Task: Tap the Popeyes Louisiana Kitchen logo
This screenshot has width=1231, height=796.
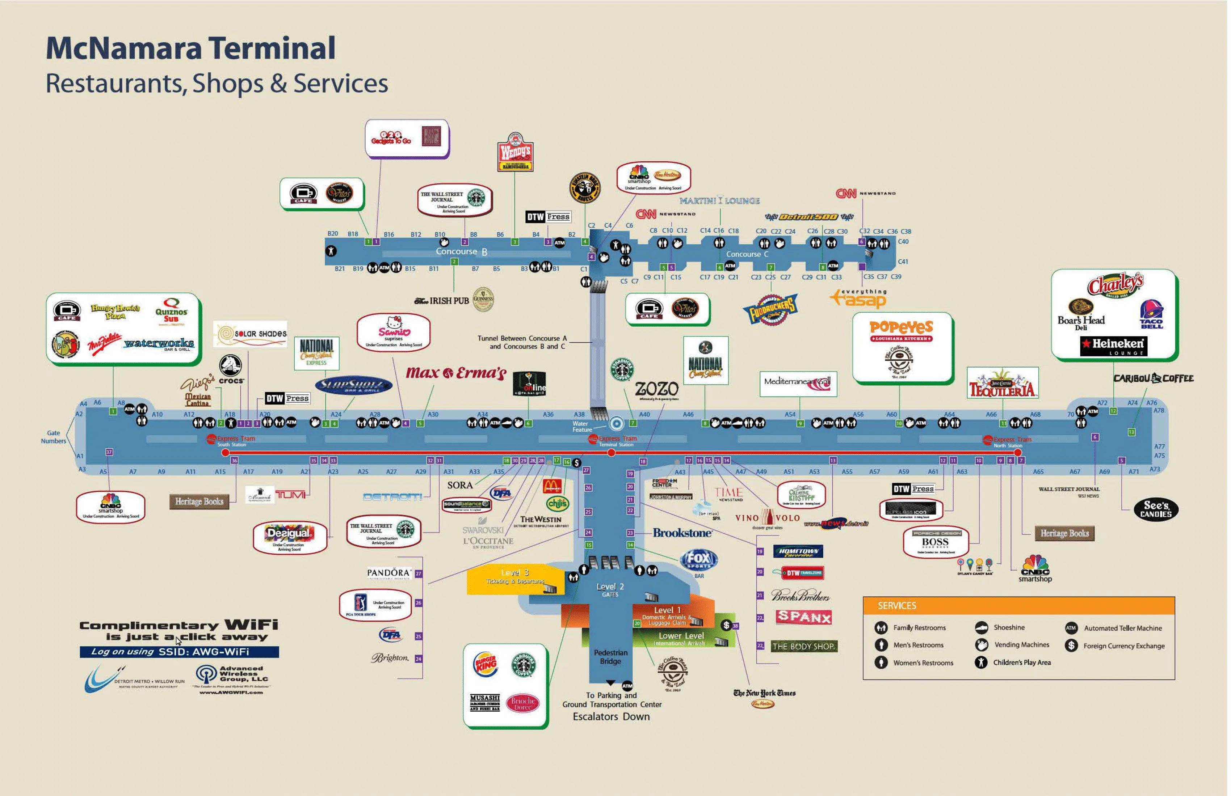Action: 901,331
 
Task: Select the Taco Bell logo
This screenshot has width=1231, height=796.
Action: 1151,314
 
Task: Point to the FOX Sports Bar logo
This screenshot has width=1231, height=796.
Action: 698,559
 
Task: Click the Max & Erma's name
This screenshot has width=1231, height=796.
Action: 456,373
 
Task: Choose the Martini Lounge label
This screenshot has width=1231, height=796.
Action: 719,200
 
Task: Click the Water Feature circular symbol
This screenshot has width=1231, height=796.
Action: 616,424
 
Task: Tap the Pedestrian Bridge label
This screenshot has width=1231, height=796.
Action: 610,657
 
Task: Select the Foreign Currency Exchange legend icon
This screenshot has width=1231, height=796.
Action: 1071,645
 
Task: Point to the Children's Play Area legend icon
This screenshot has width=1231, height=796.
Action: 981,662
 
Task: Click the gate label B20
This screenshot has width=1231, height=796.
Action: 333,234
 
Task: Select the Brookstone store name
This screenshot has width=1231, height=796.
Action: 682,533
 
